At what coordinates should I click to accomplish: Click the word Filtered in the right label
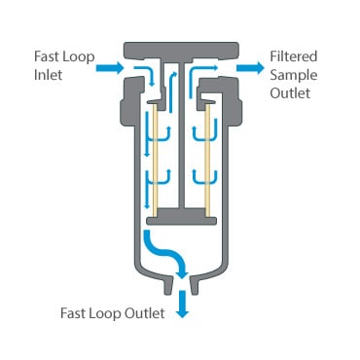293,56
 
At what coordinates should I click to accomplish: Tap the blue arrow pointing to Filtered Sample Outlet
250,67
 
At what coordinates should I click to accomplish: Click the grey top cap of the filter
181,48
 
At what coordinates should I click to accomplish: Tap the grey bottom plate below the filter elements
181,215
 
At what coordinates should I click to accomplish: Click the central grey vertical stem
181,136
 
